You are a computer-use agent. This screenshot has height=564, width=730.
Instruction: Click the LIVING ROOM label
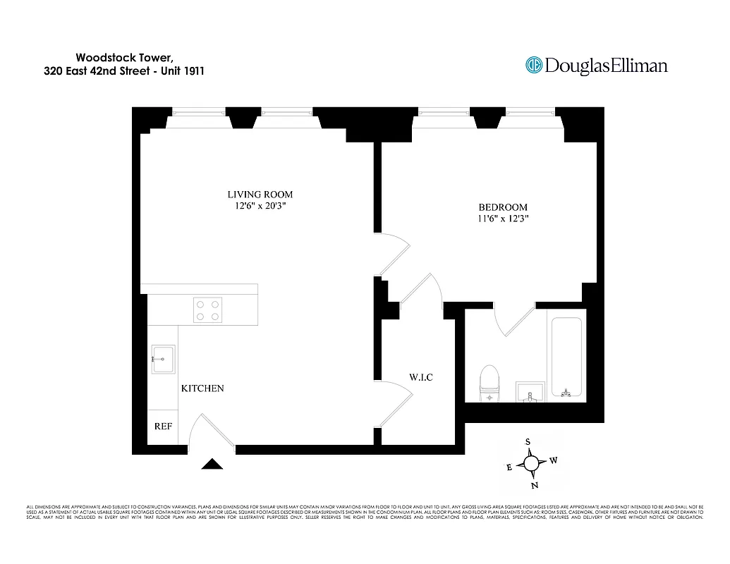point(260,195)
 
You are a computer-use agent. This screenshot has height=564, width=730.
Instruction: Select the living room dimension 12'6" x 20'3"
point(260,207)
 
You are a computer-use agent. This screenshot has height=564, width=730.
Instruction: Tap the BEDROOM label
point(503,207)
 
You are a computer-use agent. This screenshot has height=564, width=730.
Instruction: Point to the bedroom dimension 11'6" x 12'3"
point(503,219)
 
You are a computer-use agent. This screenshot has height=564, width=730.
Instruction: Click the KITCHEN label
point(202,388)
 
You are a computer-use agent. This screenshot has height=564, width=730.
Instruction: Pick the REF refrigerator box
point(163,427)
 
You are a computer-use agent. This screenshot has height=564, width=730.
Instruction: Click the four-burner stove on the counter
point(208,309)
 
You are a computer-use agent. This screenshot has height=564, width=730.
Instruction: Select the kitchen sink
point(163,360)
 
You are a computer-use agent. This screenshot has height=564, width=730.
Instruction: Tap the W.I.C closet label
point(420,378)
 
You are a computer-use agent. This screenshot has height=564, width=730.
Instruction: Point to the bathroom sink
point(530,391)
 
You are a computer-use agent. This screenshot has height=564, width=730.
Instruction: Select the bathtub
point(566,358)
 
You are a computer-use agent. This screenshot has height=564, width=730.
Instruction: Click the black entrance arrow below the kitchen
point(212,464)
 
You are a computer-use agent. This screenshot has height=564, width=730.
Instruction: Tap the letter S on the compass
point(528,442)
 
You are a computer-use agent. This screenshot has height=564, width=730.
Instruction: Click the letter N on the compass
point(534,485)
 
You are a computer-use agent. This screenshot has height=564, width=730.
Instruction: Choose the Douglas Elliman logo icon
point(534,66)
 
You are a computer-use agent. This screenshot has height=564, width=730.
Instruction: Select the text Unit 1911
point(181,70)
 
